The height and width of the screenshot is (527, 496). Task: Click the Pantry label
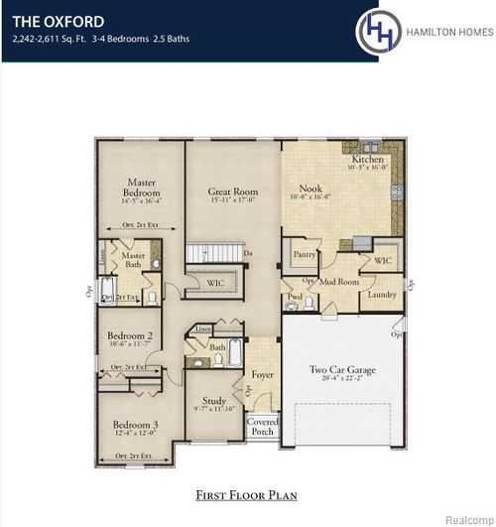click(305, 255)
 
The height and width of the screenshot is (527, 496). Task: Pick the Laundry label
click(381, 295)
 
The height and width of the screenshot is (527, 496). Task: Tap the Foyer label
click(261, 376)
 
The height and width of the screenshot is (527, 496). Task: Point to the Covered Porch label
click(262, 427)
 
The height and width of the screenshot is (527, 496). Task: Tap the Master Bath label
click(134, 259)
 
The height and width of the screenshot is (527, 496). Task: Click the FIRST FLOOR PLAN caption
click(247, 493)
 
